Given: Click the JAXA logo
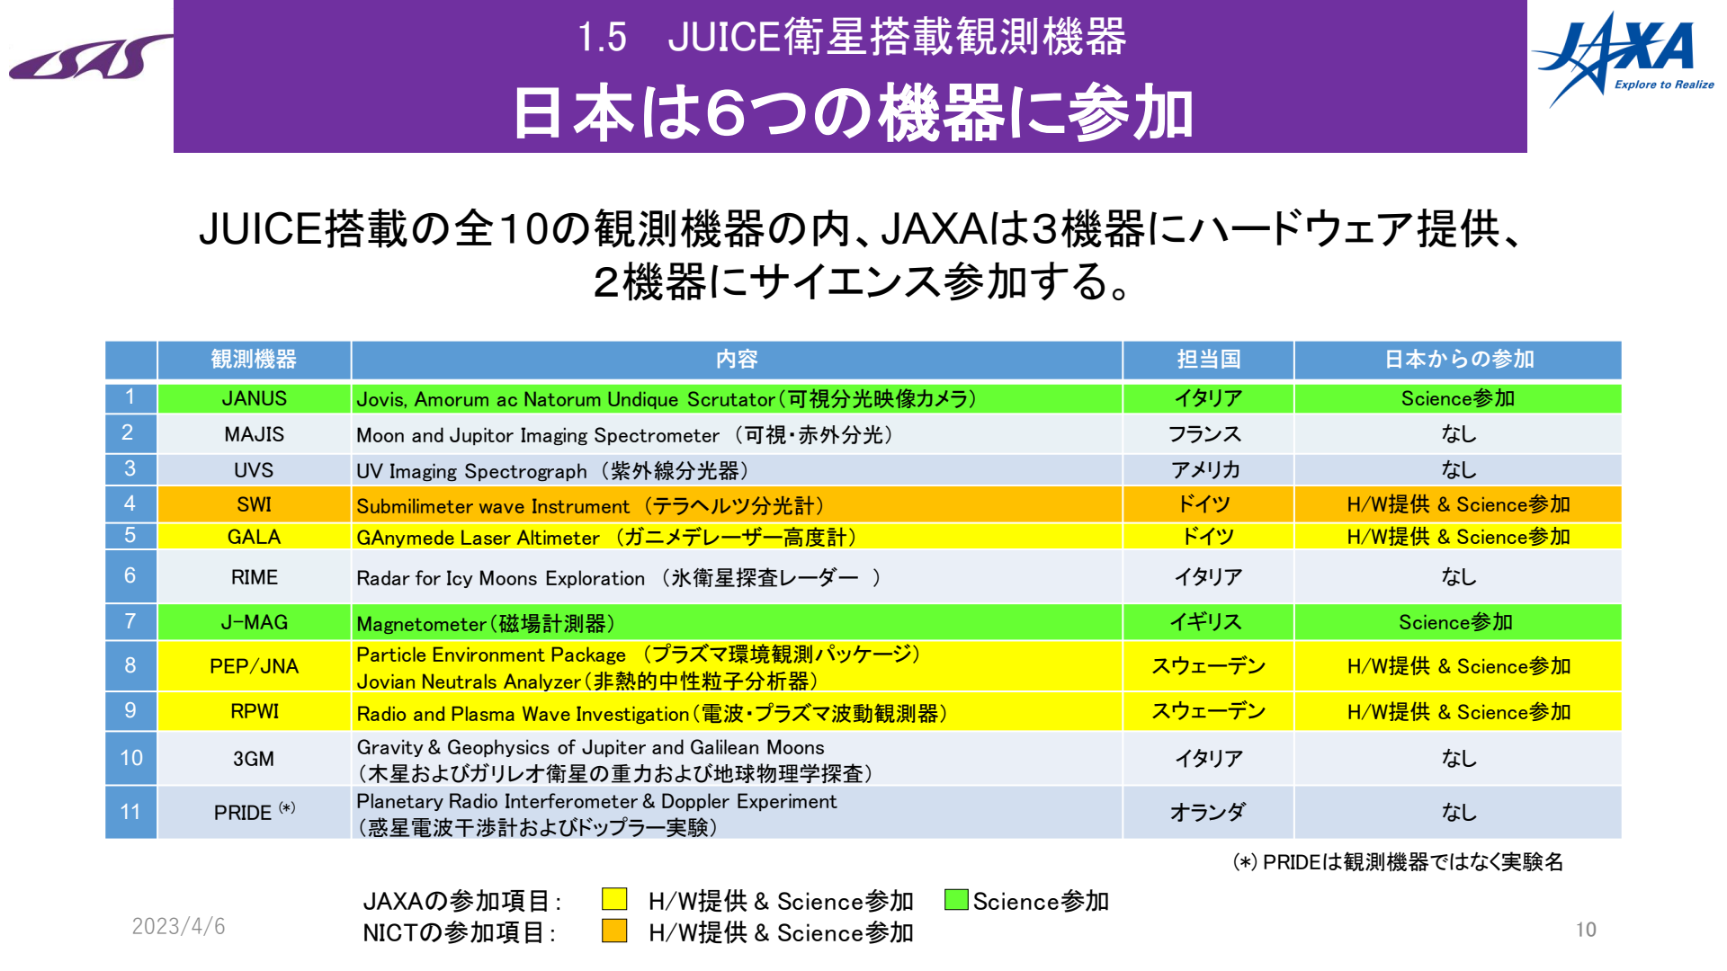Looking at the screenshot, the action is click(1623, 58).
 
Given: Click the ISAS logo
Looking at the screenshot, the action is click(90, 58).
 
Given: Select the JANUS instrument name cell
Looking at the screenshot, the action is click(255, 398).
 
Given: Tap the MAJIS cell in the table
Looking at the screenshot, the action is click(255, 434).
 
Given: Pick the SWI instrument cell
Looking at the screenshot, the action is click(255, 504).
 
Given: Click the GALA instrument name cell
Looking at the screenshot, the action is click(255, 537).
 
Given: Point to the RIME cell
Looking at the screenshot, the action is click(255, 576).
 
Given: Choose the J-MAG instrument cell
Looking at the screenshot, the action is click(255, 622).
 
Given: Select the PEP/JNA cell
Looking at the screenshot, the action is click(255, 666).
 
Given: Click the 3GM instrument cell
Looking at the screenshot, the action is click(255, 758).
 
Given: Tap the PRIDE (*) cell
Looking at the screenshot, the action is click(255, 812).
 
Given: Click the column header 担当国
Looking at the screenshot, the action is click(1208, 360).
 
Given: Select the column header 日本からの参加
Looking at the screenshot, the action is click(1458, 360).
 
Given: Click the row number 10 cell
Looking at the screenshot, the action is click(131, 758).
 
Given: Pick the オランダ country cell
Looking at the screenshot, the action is click(1208, 812).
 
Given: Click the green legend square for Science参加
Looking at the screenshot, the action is click(956, 900).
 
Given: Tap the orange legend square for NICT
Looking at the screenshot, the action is click(614, 931).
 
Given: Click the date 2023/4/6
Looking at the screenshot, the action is click(178, 926).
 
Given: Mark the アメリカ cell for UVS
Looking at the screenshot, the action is click(1205, 469).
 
